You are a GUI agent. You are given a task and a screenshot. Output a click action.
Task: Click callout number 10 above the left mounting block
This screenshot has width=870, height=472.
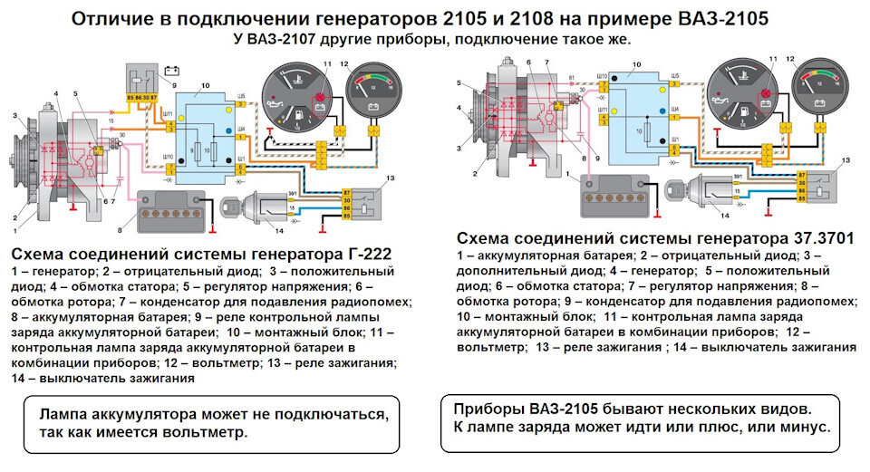pos(206,84)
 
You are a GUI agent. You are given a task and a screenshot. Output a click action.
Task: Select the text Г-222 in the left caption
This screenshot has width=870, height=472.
pos(360,254)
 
